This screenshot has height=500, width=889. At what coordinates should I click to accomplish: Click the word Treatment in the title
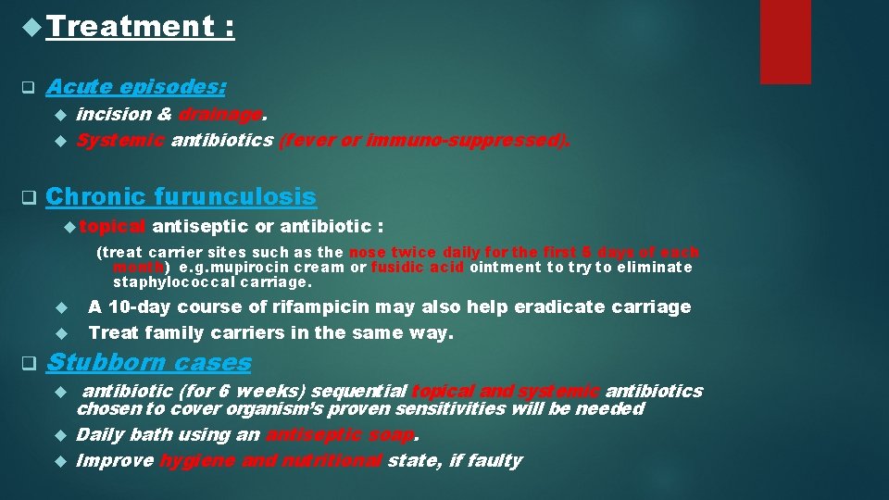point(130,27)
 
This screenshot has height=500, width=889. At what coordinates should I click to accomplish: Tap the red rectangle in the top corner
point(784,42)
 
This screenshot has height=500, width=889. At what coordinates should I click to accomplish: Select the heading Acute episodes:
point(136,87)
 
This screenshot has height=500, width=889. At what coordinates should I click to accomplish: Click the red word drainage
point(220,115)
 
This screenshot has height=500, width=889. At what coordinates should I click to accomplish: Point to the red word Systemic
point(119,141)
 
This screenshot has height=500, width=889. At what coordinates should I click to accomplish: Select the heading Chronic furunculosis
point(181,197)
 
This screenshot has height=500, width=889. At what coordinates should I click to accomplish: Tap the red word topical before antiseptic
point(119,227)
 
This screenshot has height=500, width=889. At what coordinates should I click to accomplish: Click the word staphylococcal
point(177,281)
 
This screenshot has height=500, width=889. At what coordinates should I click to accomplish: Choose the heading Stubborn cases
point(149,362)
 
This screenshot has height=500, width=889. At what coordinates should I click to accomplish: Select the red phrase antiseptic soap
point(342,435)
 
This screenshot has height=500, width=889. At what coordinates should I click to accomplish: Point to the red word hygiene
point(196,461)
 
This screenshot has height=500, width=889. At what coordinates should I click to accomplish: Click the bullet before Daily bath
point(59,435)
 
